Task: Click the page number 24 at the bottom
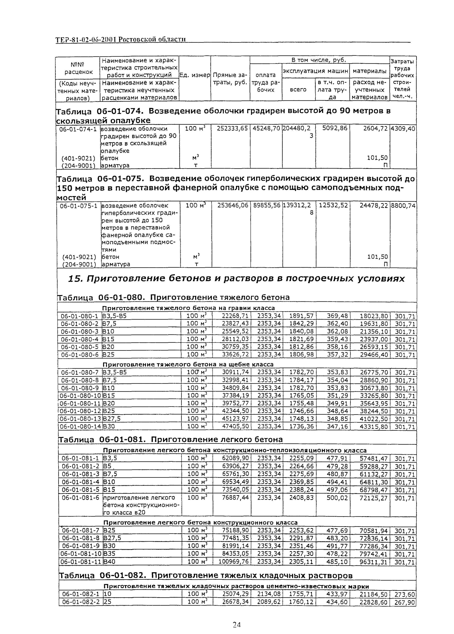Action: tap(237, 624)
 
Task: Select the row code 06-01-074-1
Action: tap(78, 129)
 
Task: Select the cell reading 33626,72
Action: tap(235, 354)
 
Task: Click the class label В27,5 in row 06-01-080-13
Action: tap(112, 418)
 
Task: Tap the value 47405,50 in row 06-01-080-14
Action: tap(235, 426)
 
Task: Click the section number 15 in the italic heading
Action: tap(73, 278)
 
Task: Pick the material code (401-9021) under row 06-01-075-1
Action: tap(79, 257)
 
